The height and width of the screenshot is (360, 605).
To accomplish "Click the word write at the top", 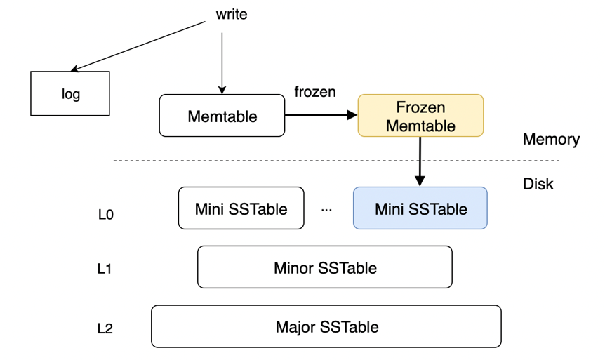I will [x=232, y=14].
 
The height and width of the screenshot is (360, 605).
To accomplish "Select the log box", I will [x=70, y=93].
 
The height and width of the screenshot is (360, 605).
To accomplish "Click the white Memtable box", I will [x=222, y=116].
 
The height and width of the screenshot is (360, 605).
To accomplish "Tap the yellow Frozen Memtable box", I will [x=420, y=116].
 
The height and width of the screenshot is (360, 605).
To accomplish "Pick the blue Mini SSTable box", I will [x=420, y=208].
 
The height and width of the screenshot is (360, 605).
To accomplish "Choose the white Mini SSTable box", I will [x=241, y=208].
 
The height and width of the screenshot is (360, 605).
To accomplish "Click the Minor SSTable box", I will [x=324, y=267].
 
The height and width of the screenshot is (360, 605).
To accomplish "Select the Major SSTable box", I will [x=326, y=326].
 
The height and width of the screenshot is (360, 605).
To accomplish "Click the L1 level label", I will [x=105, y=269].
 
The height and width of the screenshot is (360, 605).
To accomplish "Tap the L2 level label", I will [x=105, y=328].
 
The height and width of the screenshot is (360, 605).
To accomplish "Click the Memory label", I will [x=551, y=139].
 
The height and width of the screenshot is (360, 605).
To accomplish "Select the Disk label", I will [x=538, y=184].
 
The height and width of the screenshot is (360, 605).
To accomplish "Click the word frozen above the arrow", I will [x=314, y=92].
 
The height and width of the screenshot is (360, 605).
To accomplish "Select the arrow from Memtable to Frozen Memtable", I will [x=320, y=116].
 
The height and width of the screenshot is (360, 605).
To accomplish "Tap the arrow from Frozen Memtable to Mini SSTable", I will [x=420, y=161].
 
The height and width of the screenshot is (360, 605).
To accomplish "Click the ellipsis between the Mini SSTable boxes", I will [x=326, y=209].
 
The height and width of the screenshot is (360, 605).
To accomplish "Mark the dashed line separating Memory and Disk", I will [x=281, y=162].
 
